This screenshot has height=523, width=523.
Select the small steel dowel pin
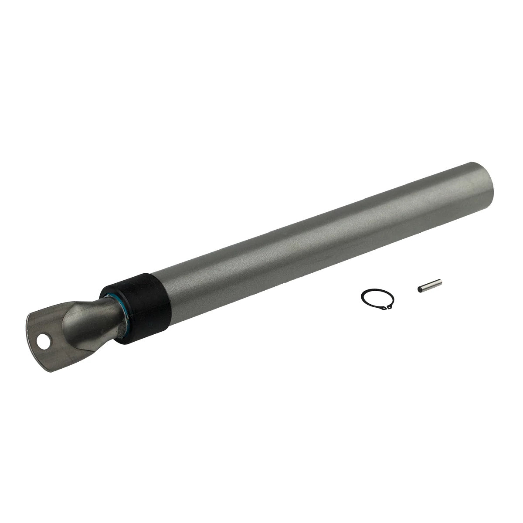[x=429, y=284]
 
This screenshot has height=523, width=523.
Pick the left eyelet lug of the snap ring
[x=383, y=308]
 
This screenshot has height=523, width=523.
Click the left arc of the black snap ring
[x=363, y=301]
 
